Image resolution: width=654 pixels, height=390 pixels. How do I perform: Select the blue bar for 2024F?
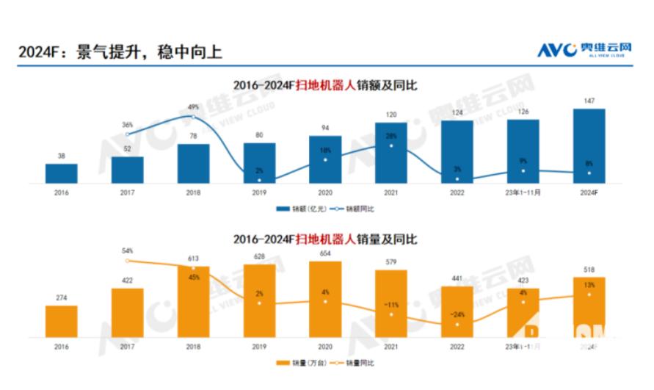coord(589,146)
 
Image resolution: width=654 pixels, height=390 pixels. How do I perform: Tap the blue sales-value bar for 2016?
coord(61,173)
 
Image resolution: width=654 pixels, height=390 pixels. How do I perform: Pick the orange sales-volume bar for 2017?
coord(128,313)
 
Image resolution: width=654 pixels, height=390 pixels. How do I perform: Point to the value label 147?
coord(589,101)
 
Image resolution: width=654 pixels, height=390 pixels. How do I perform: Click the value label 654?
coord(325,253)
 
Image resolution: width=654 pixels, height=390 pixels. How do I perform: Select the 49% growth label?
coord(193,107)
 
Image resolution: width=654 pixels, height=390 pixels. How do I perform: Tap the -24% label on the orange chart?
coord(457,315)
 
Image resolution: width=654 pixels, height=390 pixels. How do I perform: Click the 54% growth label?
coord(128,251)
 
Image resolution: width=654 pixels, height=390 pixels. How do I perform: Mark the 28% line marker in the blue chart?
coord(391,145)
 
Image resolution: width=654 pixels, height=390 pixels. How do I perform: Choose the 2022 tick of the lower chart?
coord(457,346)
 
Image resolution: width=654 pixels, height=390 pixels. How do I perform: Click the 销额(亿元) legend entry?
coord(297,209)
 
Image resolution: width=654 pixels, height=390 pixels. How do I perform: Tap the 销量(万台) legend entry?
coord(297,363)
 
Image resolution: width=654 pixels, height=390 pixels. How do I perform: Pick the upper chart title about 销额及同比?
coord(325,85)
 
